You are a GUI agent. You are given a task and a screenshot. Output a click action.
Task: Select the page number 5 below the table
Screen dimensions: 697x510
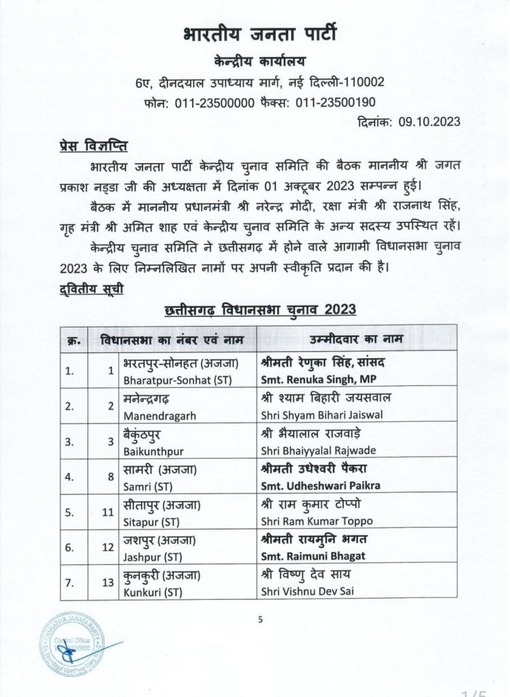click(260, 619)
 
